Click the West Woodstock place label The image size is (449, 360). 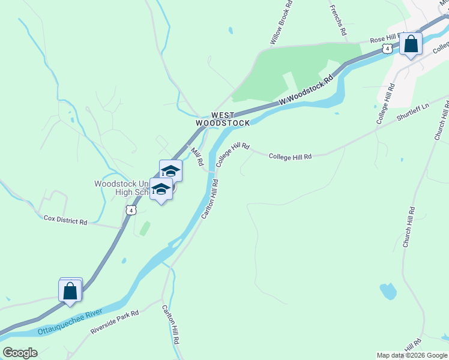pyautogui.click(x=222, y=119)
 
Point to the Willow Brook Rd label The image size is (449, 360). pyautogui.click(x=281, y=23)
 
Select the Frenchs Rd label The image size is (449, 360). pyautogui.click(x=338, y=20)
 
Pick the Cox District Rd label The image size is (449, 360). pyautogui.click(x=65, y=221)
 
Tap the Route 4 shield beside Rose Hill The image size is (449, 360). pyautogui.click(x=389, y=48)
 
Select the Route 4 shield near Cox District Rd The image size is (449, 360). pyautogui.click(x=130, y=210)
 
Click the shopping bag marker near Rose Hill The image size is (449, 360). pyautogui.click(x=411, y=44)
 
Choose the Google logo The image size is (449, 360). pyautogui.click(x=20, y=353)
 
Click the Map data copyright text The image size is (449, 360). pyautogui.click(x=411, y=355)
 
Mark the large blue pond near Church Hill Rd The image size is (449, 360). pyautogui.click(x=388, y=292)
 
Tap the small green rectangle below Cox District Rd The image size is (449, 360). pyautogui.click(x=143, y=228)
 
